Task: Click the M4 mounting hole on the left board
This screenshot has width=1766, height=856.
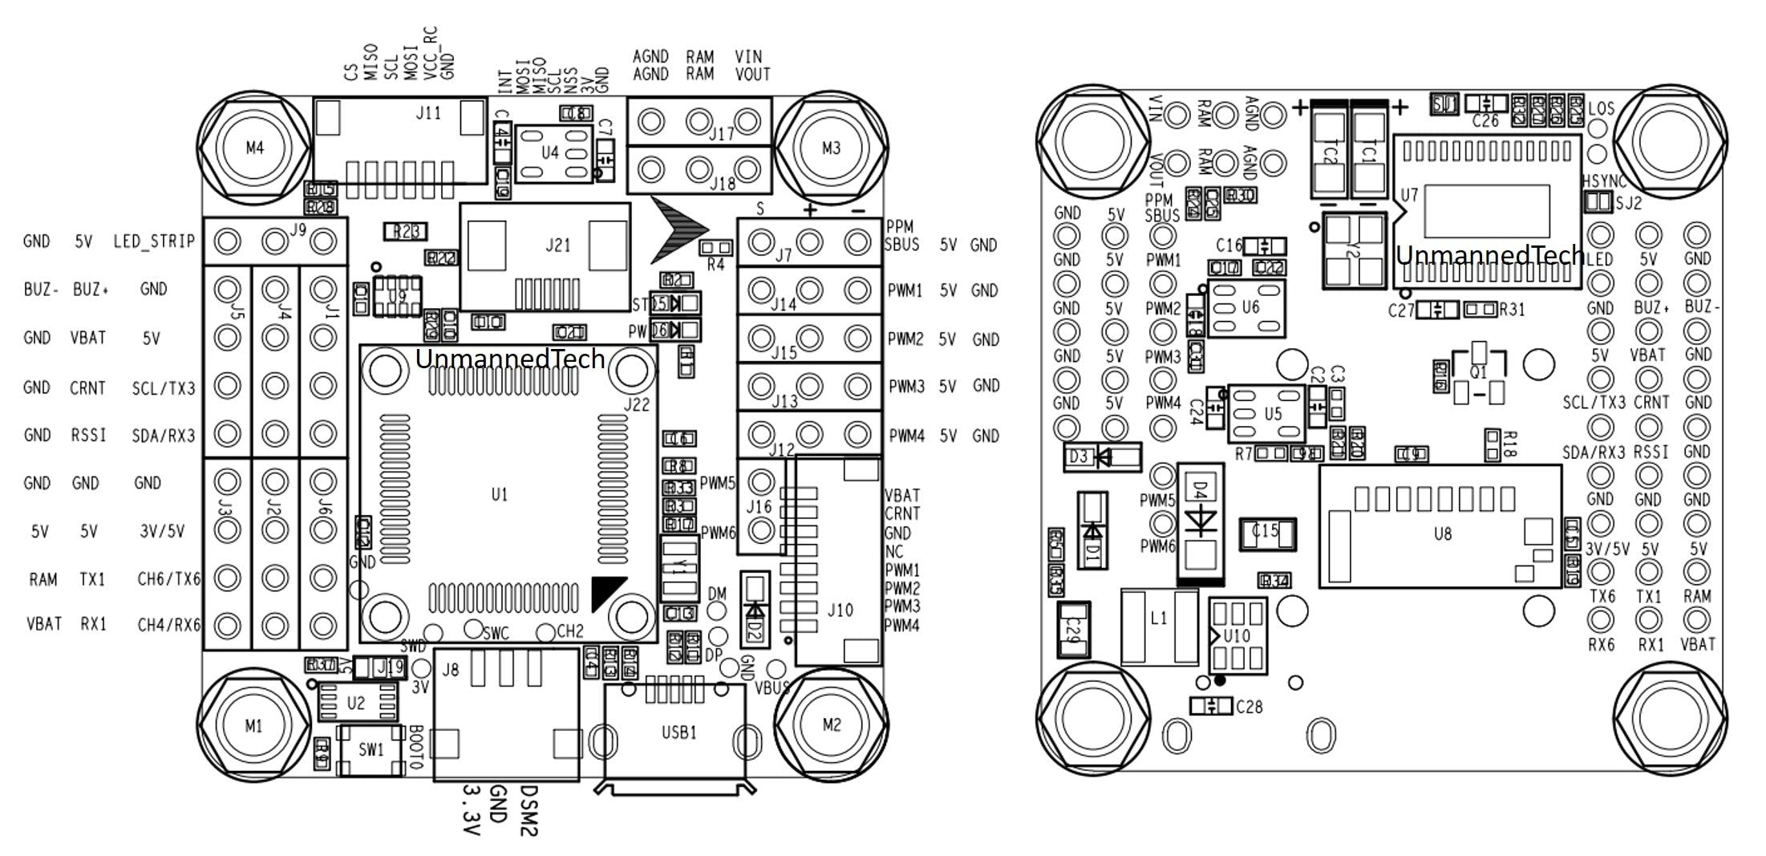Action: (x=254, y=148)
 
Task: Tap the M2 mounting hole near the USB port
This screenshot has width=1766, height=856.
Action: (x=832, y=725)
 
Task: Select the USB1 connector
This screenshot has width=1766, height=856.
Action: (x=678, y=732)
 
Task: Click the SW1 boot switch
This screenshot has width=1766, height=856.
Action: (x=371, y=750)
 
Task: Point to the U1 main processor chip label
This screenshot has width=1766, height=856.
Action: (x=500, y=495)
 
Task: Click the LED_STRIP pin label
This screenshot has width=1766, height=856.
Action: (x=154, y=241)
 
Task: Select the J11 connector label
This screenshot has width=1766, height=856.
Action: (x=428, y=113)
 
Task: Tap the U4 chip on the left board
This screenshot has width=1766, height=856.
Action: (x=550, y=152)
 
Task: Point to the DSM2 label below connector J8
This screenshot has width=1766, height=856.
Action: (x=529, y=810)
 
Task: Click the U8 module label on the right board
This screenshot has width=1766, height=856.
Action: (x=1442, y=533)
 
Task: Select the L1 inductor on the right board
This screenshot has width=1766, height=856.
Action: (x=1158, y=619)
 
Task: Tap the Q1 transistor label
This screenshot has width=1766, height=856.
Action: (x=1478, y=373)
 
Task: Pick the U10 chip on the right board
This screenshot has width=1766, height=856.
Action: (x=1237, y=636)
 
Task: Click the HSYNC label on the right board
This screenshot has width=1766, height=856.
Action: (x=1604, y=182)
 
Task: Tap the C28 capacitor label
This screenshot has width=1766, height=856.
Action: (x=1250, y=707)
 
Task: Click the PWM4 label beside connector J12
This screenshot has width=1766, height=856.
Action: (x=907, y=436)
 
